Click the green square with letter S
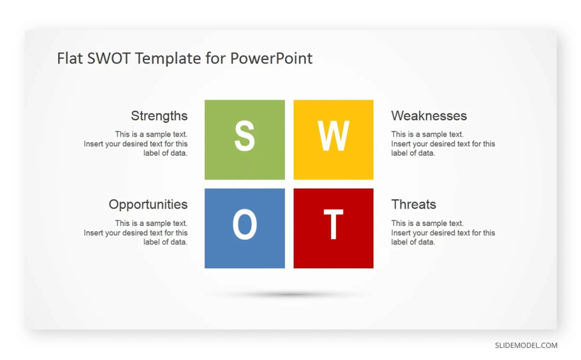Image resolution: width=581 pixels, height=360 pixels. click(x=244, y=140)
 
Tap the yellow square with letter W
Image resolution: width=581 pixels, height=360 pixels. click(x=333, y=140)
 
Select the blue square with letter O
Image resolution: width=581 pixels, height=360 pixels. click(x=244, y=228)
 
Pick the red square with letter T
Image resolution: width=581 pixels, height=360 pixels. click(x=333, y=228)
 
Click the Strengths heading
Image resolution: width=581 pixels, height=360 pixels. click(x=160, y=116)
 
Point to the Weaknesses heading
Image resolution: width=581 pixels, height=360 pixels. click(x=429, y=116)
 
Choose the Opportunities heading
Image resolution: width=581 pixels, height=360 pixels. click(x=148, y=204)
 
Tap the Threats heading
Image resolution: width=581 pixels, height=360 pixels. click(x=413, y=204)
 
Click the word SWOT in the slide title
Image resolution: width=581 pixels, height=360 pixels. click(x=109, y=58)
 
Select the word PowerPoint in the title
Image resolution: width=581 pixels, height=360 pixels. click(x=271, y=58)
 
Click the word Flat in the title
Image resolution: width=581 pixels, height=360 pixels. click(x=70, y=58)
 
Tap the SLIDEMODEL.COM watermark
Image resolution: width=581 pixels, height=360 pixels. click(x=526, y=345)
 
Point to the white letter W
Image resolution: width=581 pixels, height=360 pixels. click(x=333, y=136)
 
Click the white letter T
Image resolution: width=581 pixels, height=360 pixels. click(x=333, y=224)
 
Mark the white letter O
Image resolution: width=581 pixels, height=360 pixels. click(x=244, y=224)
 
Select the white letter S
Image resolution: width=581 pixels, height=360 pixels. click(x=244, y=136)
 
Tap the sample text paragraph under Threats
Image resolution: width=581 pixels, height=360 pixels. click(x=443, y=233)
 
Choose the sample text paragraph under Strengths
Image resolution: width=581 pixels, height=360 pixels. click(x=136, y=144)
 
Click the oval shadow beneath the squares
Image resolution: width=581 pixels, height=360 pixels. click(x=289, y=295)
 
